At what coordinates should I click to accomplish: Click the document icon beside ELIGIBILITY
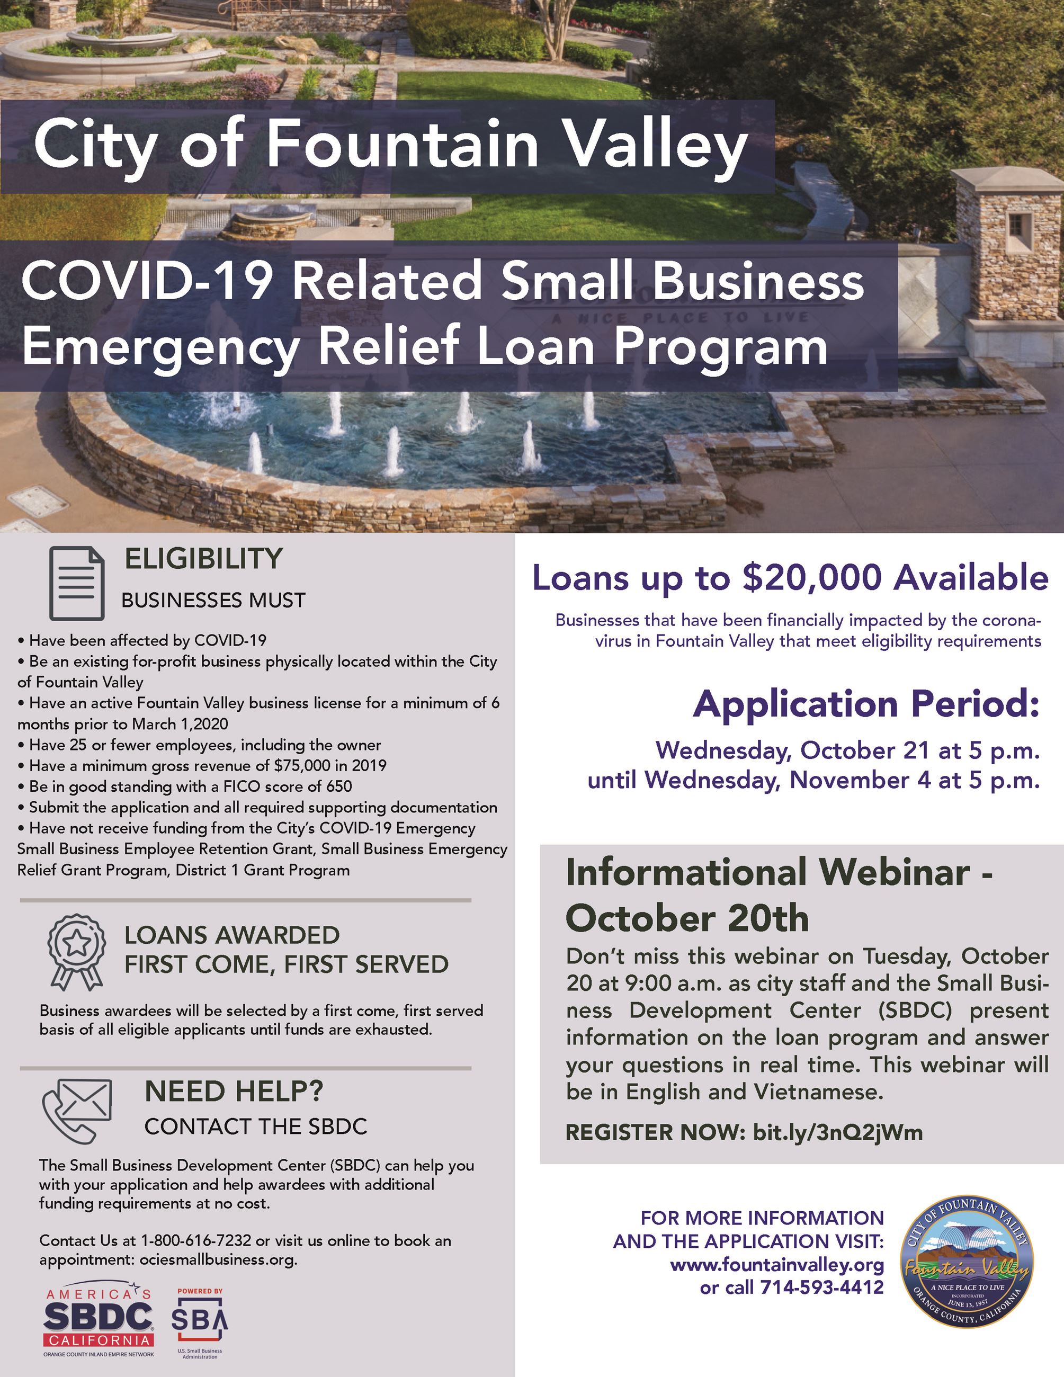click(x=77, y=583)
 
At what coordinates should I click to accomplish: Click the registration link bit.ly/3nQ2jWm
click(x=838, y=1132)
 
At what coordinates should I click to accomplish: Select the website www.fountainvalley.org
click(x=776, y=1265)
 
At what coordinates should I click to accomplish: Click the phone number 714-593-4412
click(x=822, y=1287)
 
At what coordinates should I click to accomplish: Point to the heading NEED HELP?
click(x=234, y=1092)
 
